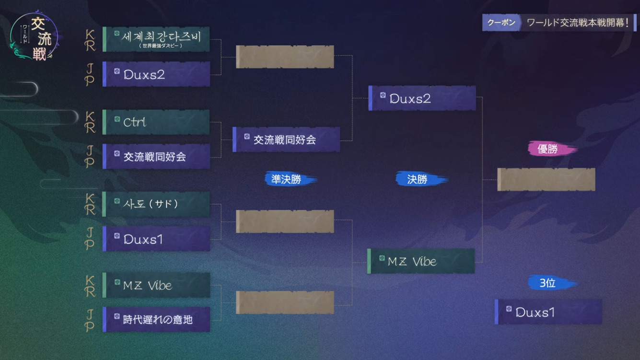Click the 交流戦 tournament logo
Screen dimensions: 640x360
pos(35,36)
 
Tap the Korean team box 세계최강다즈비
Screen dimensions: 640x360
pos(156,39)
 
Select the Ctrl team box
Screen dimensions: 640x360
pos(156,122)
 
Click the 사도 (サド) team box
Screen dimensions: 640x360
pos(156,204)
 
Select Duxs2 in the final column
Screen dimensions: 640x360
pos(422,98)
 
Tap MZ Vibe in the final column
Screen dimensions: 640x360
pos(421,261)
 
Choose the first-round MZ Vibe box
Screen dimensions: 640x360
pos(156,285)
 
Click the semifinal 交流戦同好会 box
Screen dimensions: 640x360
pos(286,139)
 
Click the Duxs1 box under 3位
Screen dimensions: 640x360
pos(548,312)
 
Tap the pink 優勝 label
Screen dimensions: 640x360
pos(552,149)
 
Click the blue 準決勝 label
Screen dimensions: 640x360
pos(291,179)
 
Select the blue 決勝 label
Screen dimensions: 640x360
pos(421,179)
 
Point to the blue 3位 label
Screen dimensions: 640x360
pos(552,282)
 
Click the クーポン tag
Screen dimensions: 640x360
pos(501,22)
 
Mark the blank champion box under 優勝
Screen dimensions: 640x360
pos(547,179)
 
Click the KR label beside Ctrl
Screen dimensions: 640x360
pos(90,122)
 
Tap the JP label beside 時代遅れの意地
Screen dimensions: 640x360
pos(90,320)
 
